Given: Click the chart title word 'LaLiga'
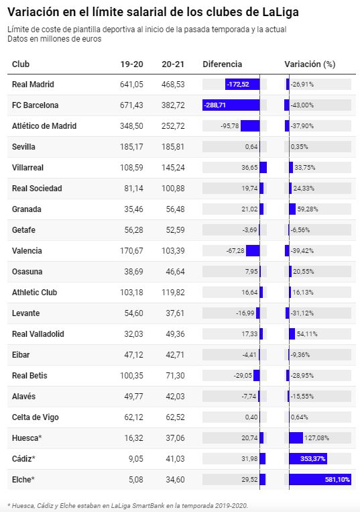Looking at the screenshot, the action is point(280,12).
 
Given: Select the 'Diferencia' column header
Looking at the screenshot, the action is point(222,64).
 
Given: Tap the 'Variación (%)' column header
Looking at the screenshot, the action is point(310,64).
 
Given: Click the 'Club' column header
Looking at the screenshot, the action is point(21,64).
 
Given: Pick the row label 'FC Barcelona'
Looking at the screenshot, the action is point(36,105).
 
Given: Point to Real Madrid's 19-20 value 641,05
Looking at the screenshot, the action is point(131,85).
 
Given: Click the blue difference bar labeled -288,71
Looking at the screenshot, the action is point(231,105).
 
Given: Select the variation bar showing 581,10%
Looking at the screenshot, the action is point(320,479).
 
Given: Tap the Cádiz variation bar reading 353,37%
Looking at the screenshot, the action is point(308,458).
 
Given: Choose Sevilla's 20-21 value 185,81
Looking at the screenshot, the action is point(173,146).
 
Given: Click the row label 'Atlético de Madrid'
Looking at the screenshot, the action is point(44,126).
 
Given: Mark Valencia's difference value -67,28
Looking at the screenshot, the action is point(235,251).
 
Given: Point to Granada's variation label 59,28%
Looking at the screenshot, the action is point(308,209).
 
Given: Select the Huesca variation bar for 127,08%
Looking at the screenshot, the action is point(296,438).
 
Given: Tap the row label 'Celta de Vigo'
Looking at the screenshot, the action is point(36,417).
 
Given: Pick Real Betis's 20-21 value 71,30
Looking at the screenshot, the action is point(175,376).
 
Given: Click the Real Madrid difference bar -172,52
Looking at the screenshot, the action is point(242,85).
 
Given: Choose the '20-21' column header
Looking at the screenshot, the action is point(173,64).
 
